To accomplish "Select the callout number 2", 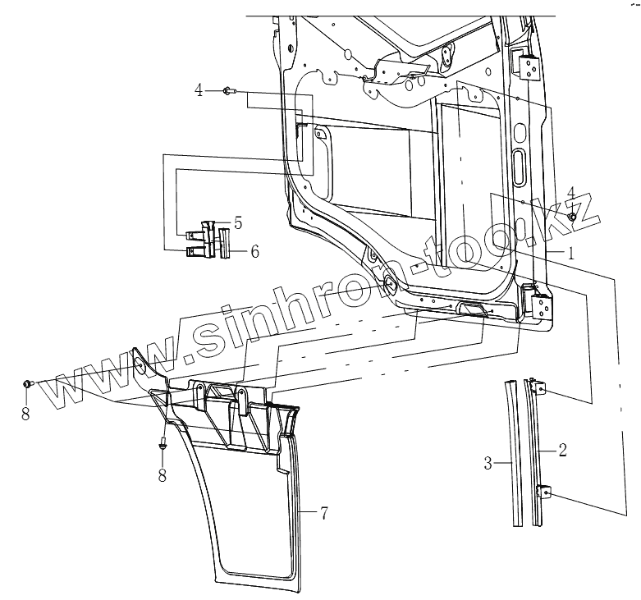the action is coord(564,449).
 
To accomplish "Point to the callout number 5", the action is coord(237,222).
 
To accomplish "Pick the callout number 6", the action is coord(255,252).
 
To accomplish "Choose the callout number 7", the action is coord(325,515).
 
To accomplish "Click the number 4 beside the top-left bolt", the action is coord(199,89).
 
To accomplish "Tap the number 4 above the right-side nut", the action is coord(571,192).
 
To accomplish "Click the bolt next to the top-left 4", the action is coord(228,91).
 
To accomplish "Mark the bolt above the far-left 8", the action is coord(29,383).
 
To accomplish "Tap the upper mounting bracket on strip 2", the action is coord(538,388).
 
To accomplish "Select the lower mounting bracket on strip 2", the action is coord(543,493).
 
